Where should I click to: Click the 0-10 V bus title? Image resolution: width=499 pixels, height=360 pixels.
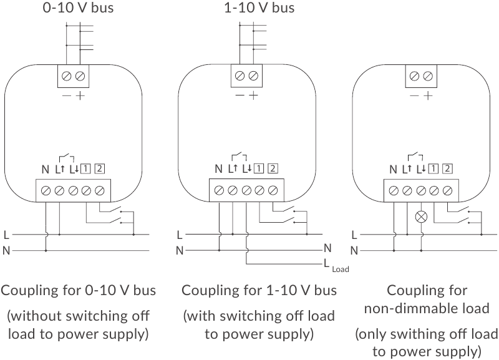[78, 8]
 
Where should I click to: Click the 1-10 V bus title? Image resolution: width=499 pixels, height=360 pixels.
[259, 8]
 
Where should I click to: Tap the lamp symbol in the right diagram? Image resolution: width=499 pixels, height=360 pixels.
[421, 217]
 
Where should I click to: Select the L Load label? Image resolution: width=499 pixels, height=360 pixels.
[336, 265]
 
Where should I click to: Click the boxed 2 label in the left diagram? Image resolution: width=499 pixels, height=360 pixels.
[100, 168]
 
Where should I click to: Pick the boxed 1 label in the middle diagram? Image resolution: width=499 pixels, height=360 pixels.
[259, 168]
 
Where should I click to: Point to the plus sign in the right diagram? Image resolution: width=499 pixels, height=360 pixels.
[429, 95]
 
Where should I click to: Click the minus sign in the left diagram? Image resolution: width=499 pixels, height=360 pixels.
[67, 95]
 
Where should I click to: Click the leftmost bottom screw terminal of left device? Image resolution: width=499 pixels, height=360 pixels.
[46, 191]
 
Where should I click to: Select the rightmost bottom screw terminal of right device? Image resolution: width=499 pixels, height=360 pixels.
[448, 191]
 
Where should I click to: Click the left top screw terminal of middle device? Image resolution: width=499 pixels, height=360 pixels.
[240, 75]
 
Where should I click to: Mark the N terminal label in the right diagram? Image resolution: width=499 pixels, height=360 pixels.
[393, 169]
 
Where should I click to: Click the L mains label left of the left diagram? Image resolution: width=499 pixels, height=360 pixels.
[6, 235]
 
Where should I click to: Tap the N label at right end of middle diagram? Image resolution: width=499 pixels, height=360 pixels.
[327, 248]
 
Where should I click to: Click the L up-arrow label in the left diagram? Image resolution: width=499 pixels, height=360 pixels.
[60, 169]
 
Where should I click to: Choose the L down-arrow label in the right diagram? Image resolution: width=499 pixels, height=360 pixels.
[421, 169]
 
